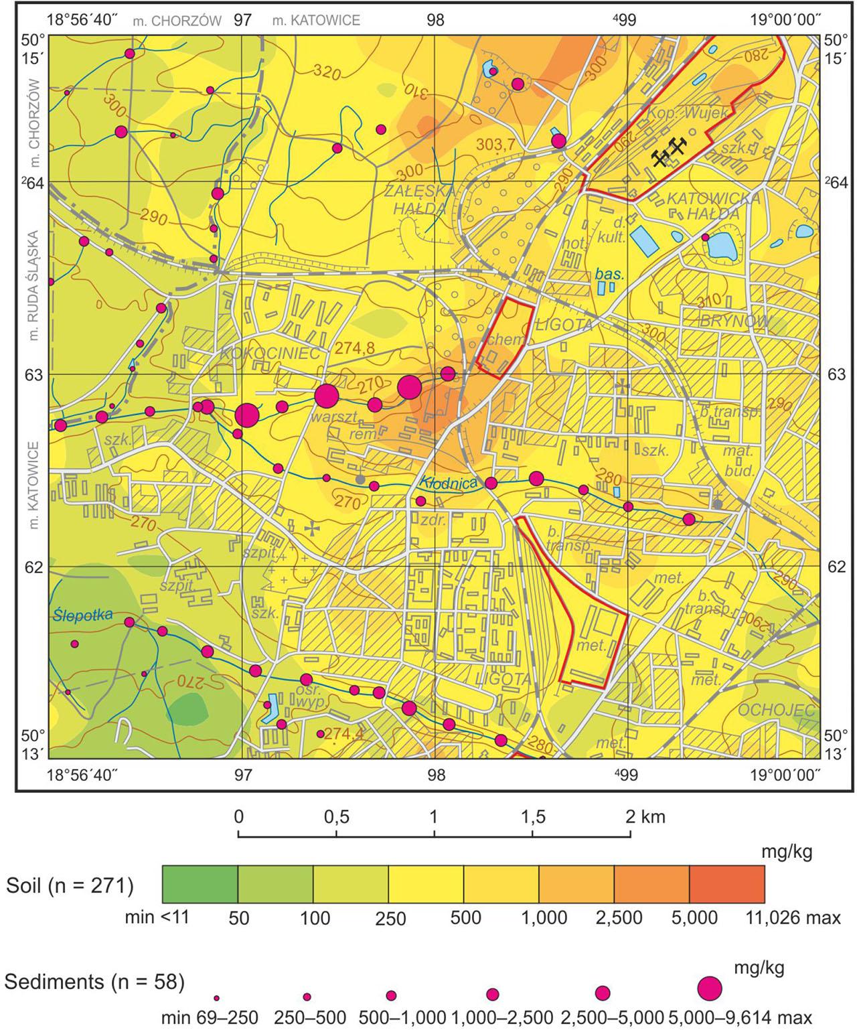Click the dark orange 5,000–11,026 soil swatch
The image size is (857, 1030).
(x=726, y=884)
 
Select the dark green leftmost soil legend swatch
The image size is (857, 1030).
(x=200, y=884)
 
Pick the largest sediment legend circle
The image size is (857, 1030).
(x=710, y=988)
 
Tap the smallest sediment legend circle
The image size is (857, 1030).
(x=216, y=997)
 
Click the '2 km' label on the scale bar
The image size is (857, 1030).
(x=645, y=817)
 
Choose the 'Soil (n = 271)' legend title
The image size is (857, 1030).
(x=70, y=885)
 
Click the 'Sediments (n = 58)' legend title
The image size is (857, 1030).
(x=94, y=982)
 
